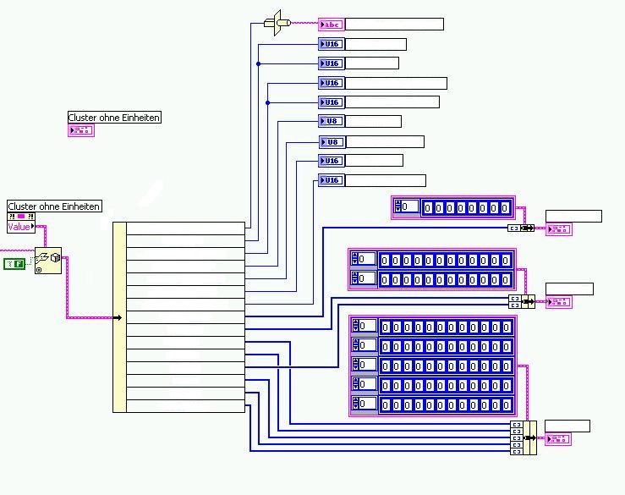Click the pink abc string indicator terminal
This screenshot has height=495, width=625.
[x=331, y=24]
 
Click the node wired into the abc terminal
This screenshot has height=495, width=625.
[x=274, y=22]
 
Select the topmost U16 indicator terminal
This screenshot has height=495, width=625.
[x=331, y=44]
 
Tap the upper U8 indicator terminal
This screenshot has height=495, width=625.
[x=331, y=121]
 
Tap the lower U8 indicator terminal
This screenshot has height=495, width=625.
[x=332, y=142]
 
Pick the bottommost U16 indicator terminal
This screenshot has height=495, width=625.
[x=331, y=180]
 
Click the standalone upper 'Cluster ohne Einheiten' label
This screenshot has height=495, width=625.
[x=114, y=118]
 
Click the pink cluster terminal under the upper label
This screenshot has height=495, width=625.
[x=81, y=130]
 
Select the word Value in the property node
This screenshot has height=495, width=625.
[x=19, y=227]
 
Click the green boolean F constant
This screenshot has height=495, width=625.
[x=14, y=264]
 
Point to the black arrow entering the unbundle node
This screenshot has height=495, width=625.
[x=118, y=318]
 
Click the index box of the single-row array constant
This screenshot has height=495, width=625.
[x=409, y=206]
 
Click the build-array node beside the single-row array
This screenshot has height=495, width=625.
[x=520, y=228]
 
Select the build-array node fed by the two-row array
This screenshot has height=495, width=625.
[x=522, y=301]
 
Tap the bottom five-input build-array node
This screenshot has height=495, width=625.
[x=523, y=437]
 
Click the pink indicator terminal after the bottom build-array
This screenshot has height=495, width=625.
[x=558, y=439]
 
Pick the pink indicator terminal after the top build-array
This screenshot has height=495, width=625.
[x=558, y=228]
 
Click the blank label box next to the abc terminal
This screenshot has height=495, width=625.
[x=394, y=24]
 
